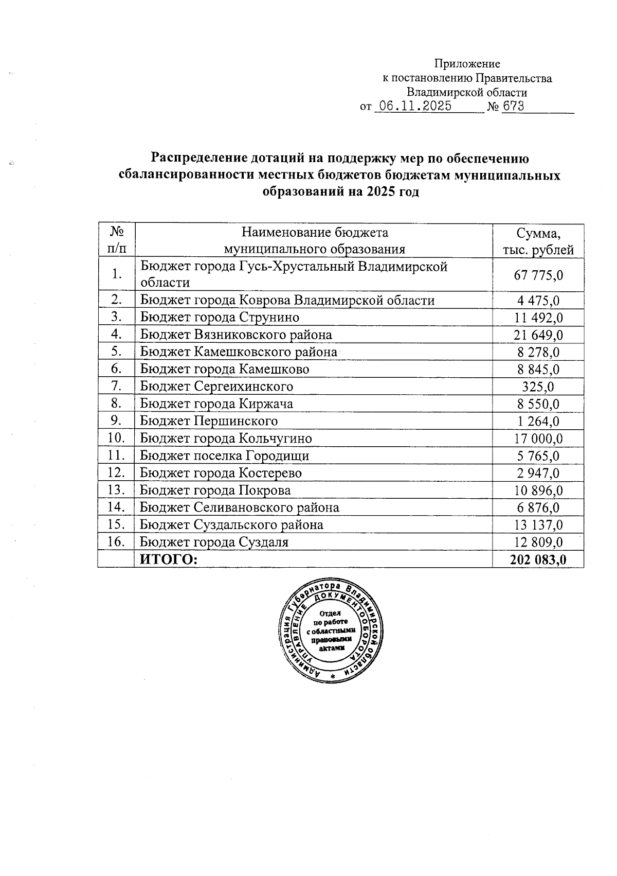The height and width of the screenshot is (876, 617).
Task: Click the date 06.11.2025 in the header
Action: click(414, 107)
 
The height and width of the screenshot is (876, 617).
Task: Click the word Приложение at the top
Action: click(467, 64)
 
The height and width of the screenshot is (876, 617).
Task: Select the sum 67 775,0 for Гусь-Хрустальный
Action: click(538, 275)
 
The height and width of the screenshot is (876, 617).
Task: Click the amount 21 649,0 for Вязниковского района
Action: click(538, 335)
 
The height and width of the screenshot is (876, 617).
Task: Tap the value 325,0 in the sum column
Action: click(538, 387)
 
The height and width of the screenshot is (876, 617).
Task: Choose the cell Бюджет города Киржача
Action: click(216, 404)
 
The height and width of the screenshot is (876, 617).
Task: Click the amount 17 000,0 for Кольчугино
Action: click(538, 439)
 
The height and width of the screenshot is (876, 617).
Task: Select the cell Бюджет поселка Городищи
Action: click(225, 455)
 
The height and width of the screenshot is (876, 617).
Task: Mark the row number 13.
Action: click(116, 489)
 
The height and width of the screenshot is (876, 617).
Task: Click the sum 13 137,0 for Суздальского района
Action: click(538, 525)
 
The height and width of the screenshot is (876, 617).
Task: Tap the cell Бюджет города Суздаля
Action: click(214, 542)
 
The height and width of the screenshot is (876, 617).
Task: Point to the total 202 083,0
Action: click(538, 560)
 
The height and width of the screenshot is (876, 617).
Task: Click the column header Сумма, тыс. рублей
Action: click(538, 241)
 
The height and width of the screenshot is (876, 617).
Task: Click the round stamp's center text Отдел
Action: click(330, 614)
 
